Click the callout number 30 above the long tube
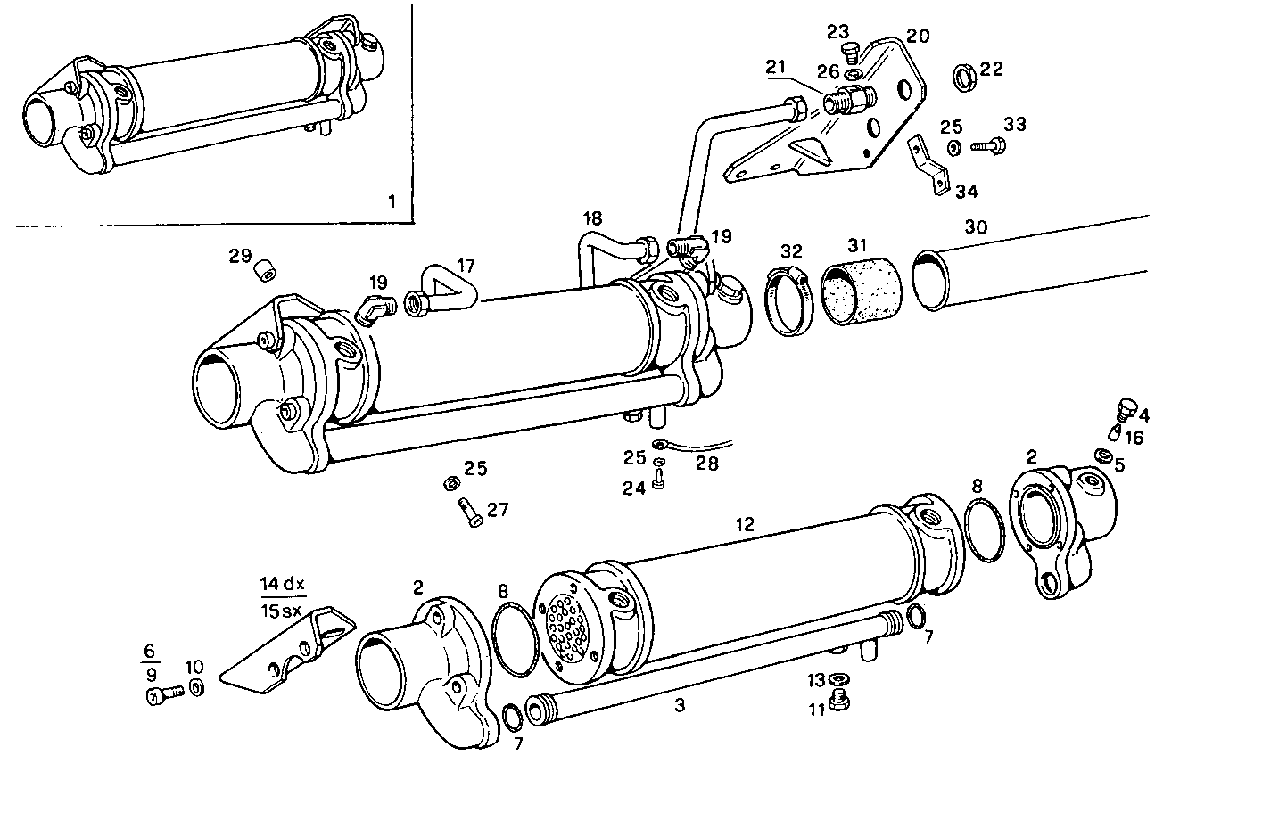coord(976,227)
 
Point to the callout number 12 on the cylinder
coord(745,525)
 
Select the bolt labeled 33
coord(986,144)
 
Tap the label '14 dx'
coord(283,585)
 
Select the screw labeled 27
coord(468,514)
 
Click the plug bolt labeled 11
coord(838,701)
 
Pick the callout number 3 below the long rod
coord(680,706)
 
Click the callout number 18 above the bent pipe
coord(593,218)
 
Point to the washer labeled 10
coord(197,689)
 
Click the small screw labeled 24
coord(659,481)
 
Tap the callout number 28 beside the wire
coord(706,464)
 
